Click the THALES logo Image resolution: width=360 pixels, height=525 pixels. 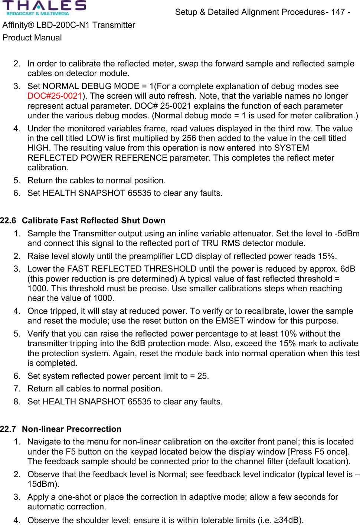pos(44,8)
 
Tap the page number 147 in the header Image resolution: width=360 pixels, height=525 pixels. pos(338,12)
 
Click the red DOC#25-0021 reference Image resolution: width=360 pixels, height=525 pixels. pos(55,96)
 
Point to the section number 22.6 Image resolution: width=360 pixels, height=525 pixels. pos(8,220)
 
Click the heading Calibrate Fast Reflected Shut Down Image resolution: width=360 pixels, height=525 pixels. pos(94,220)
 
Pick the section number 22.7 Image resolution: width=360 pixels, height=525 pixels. pos(8,429)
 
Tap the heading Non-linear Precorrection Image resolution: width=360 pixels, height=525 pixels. pos(72,429)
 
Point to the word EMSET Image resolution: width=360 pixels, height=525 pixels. pos(230,321)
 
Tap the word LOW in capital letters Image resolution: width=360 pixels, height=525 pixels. pos(96,138)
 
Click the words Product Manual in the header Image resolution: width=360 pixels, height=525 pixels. pos(32,37)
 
